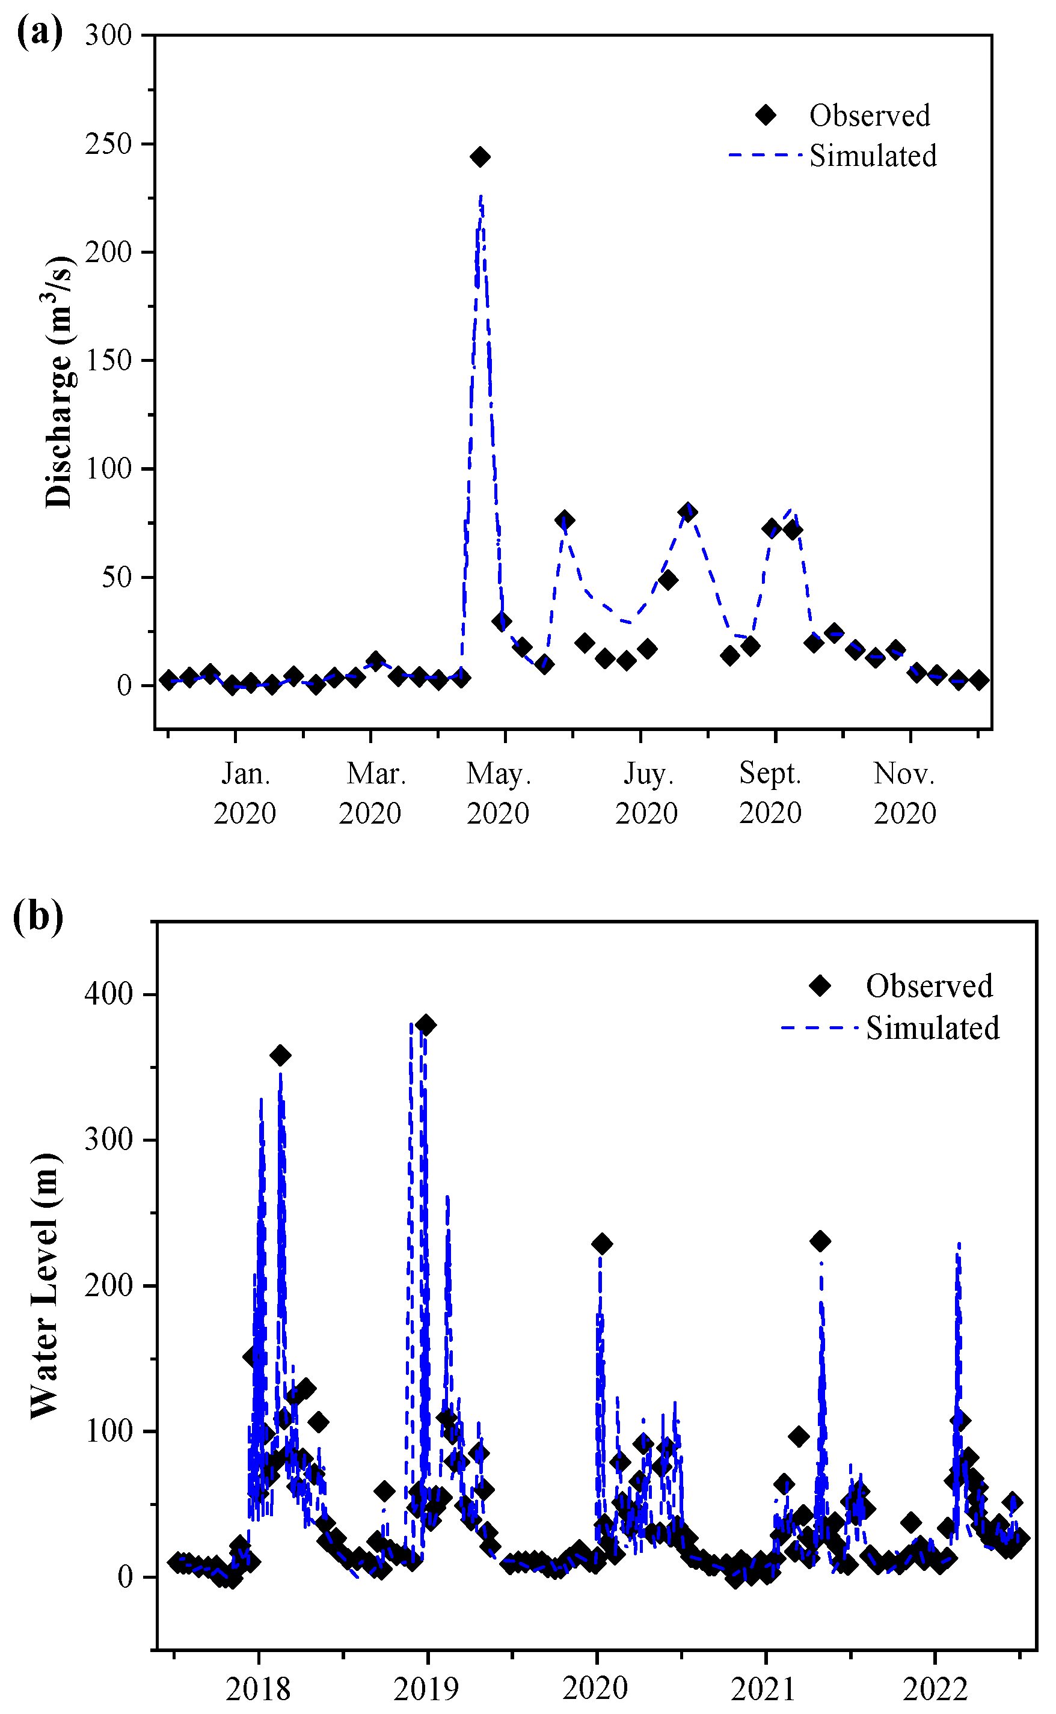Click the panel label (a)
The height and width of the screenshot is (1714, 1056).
pos(40,33)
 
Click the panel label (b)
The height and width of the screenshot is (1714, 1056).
pos(38,916)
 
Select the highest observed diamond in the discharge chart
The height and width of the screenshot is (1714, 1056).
pos(479,157)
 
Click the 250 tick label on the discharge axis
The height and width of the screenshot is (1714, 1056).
pos(109,144)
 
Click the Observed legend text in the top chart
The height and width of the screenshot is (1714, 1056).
pos(870,116)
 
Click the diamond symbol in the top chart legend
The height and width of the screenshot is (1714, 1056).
pos(766,115)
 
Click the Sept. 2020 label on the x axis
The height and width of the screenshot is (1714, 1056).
pos(770,793)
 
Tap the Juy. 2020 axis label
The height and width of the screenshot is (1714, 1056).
pos(646,793)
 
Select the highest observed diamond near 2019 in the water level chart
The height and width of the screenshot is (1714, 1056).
pos(425,1025)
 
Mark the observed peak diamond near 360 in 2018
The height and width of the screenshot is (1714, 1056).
pos(280,1056)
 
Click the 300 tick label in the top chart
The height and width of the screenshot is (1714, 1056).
pos(109,35)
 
